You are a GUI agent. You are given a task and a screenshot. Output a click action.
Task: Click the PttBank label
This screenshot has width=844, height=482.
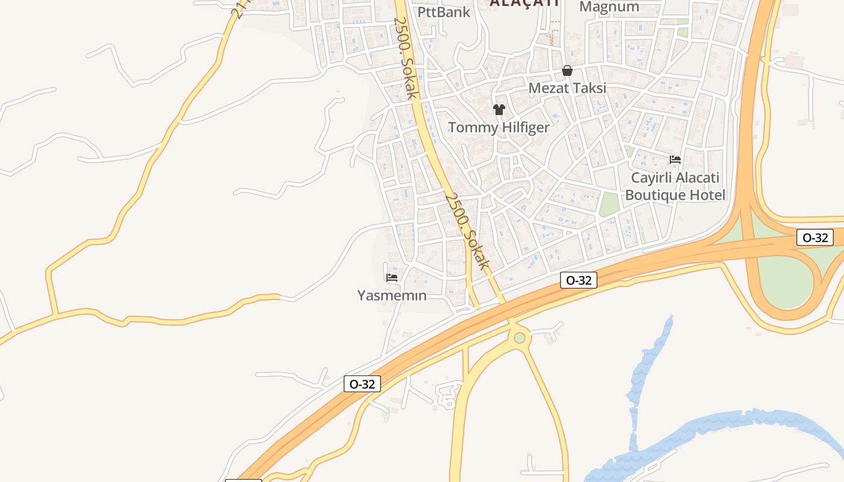click(444, 11)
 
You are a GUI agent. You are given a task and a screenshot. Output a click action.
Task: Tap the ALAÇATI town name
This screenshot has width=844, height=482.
click(524, 2)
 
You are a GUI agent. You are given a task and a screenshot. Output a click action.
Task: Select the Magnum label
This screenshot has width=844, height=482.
click(609, 7)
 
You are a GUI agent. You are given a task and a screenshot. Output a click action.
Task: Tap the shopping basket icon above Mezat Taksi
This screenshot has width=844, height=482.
click(567, 71)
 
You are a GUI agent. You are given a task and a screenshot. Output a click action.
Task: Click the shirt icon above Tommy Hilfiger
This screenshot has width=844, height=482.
click(499, 110)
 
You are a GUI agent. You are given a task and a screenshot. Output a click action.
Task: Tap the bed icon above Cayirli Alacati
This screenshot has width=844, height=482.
click(675, 160)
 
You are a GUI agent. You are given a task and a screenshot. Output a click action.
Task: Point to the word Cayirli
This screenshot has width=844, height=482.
click(651, 178)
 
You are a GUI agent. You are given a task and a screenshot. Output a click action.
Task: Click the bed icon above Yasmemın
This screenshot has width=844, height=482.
click(392, 278)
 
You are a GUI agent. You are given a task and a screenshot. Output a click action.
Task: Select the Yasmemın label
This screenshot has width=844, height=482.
click(392, 296)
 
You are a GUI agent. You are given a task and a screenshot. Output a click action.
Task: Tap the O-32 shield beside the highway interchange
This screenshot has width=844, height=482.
click(815, 237)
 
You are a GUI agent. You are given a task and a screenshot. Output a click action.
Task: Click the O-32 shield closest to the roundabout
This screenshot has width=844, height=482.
click(579, 280)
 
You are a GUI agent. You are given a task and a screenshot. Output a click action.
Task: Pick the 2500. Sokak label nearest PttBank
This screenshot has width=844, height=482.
click(405, 57)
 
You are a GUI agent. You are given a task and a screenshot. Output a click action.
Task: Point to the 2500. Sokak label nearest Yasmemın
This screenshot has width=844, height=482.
click(467, 231)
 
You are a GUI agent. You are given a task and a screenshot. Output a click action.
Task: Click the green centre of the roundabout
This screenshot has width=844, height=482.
click(520, 338)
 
